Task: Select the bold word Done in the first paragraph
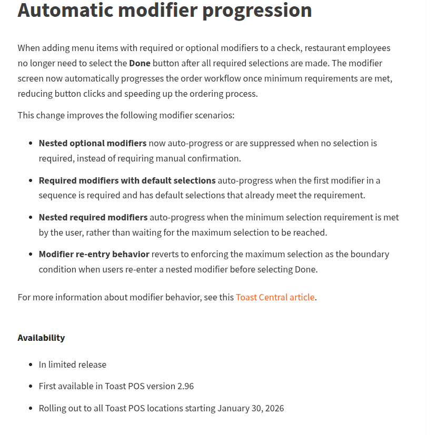pyautogui.click(x=140, y=63)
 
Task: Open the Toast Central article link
pyautogui.click(x=275, y=297)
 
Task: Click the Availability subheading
pyautogui.click(x=41, y=338)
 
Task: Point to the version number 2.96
pyautogui.click(x=185, y=386)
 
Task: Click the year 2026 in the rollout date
pyautogui.click(x=274, y=408)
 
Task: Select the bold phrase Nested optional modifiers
pyautogui.click(x=93, y=143)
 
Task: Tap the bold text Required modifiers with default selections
pyautogui.click(x=127, y=180)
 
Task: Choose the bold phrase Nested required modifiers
pyautogui.click(x=93, y=217)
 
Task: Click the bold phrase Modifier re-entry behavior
pyautogui.click(x=94, y=254)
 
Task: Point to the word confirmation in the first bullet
pyautogui.click(x=214, y=158)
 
